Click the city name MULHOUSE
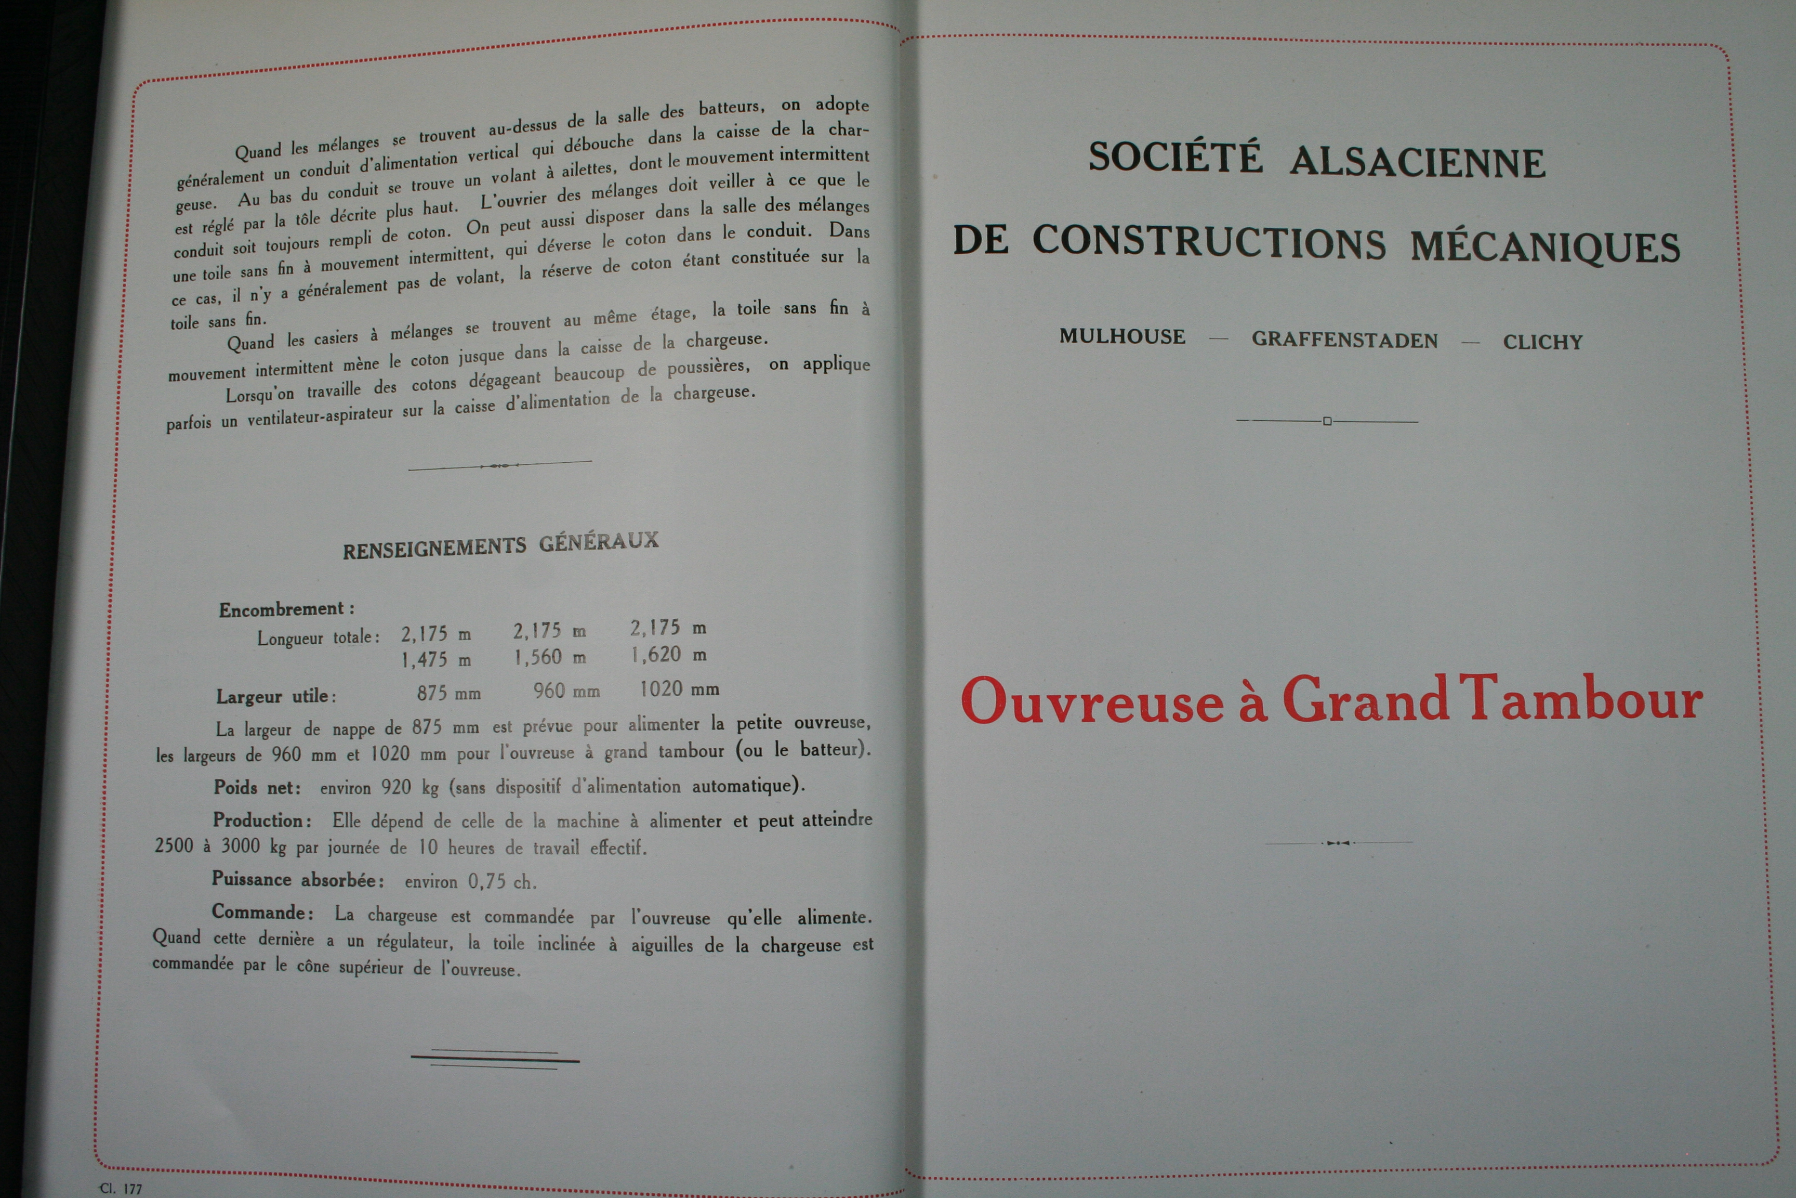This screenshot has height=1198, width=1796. [1122, 336]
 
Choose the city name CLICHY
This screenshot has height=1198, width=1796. [1542, 342]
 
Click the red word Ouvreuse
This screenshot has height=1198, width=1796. [1092, 700]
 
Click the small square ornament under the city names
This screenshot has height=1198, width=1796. [1327, 421]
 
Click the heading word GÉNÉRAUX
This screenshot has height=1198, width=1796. [599, 542]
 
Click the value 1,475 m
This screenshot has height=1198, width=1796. [436, 659]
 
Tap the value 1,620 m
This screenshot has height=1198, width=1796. [667, 655]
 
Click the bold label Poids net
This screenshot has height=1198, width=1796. [257, 787]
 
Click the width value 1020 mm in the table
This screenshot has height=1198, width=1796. [679, 689]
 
